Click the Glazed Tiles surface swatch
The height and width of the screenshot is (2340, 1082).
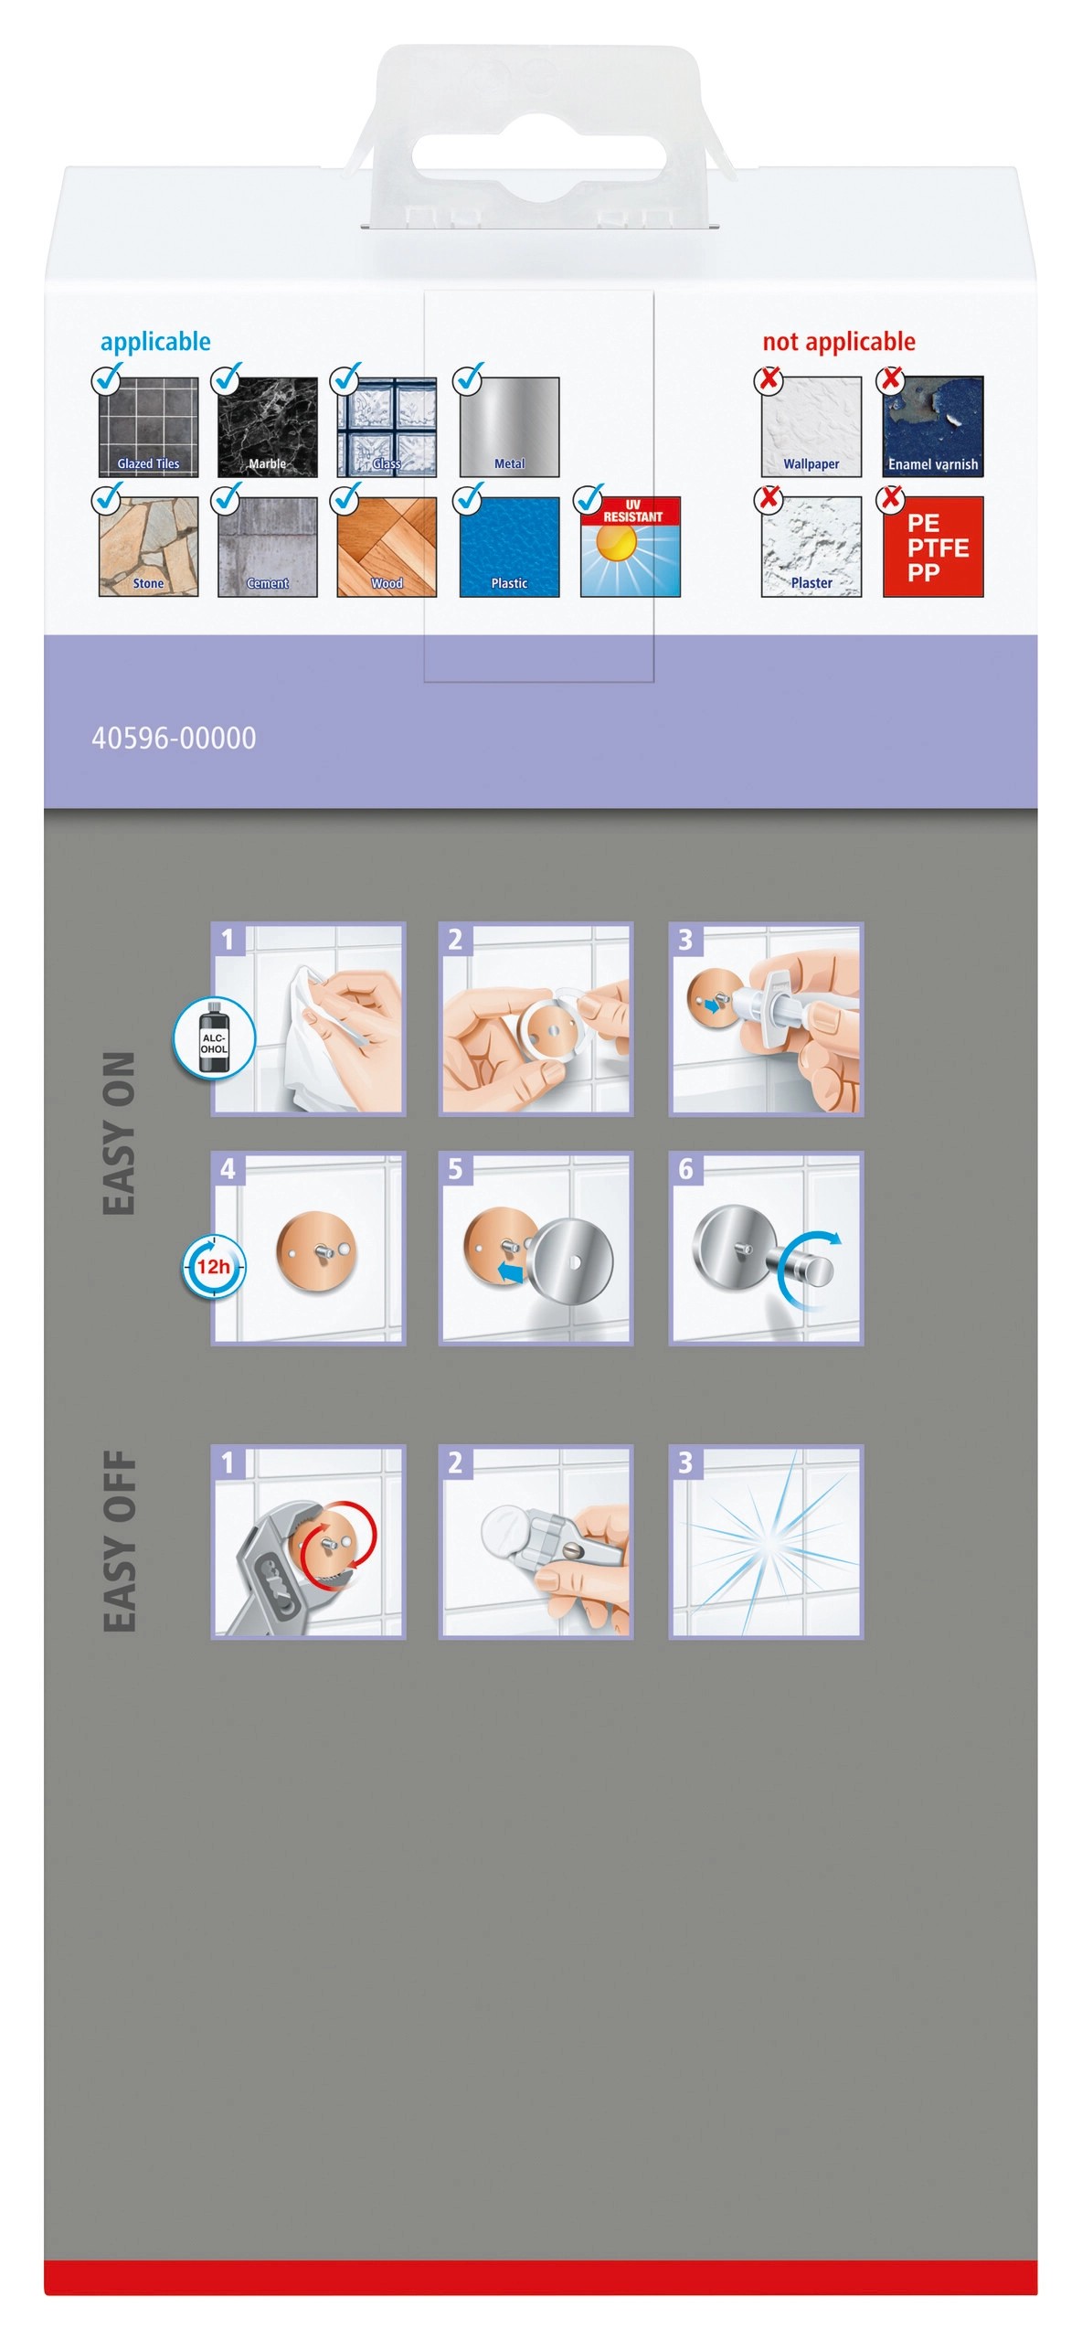pyautogui.click(x=148, y=426)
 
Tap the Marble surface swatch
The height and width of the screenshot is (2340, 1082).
pyautogui.click(x=267, y=426)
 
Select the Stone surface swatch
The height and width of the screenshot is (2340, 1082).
pyautogui.click(x=148, y=547)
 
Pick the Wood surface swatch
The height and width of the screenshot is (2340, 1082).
pyautogui.click(x=387, y=547)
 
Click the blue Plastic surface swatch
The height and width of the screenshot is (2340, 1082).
pyautogui.click(x=509, y=547)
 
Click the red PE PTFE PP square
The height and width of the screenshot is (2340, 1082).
pyautogui.click(x=933, y=547)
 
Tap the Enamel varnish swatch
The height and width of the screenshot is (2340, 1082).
pyautogui.click(x=933, y=426)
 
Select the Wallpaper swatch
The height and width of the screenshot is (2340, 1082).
pyautogui.click(x=811, y=426)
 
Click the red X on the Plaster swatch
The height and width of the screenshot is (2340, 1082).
pyautogui.click(x=769, y=498)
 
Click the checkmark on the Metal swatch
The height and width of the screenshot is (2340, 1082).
pyautogui.click(x=468, y=378)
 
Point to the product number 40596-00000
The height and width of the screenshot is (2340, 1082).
pyautogui.click(x=174, y=739)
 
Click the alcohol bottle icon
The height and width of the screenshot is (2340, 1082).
pyautogui.click(x=214, y=1038)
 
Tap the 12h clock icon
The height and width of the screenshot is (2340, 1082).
pyautogui.click(x=213, y=1266)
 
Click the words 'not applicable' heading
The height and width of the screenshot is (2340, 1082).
pyautogui.click(x=839, y=343)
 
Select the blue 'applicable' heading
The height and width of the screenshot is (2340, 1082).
pyautogui.click(x=155, y=343)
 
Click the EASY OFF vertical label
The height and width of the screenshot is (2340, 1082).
pyautogui.click(x=120, y=1541)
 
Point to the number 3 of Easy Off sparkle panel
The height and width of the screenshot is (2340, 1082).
pyautogui.click(x=685, y=1463)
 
